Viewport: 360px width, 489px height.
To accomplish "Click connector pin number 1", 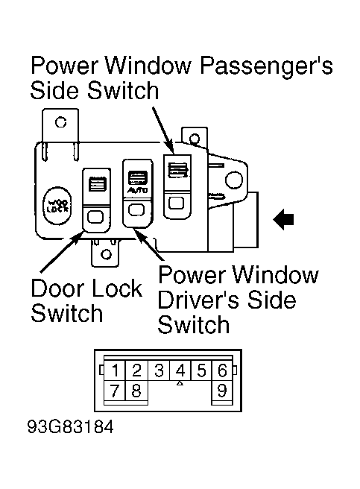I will (x=116, y=370).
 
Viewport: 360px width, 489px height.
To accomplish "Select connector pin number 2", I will (x=137, y=370).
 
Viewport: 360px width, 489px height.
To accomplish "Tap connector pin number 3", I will (x=159, y=370).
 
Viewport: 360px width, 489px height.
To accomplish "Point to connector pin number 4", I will (x=180, y=370).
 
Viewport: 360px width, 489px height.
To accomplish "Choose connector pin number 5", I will (x=200, y=370).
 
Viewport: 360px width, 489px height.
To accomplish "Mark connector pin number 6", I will (x=221, y=370).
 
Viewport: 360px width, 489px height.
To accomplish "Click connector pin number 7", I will (x=116, y=391).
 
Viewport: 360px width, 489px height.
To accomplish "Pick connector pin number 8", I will (x=137, y=391).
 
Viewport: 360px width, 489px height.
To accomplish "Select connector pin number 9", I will (x=221, y=391).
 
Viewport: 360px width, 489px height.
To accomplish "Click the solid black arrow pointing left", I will (x=284, y=219).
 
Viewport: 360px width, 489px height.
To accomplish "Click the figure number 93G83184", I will (x=72, y=430).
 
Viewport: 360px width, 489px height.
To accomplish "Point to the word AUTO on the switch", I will (x=136, y=192).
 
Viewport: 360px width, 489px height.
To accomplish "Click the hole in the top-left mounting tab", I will (x=60, y=122).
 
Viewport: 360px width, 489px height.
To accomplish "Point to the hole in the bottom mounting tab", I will (x=107, y=254).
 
